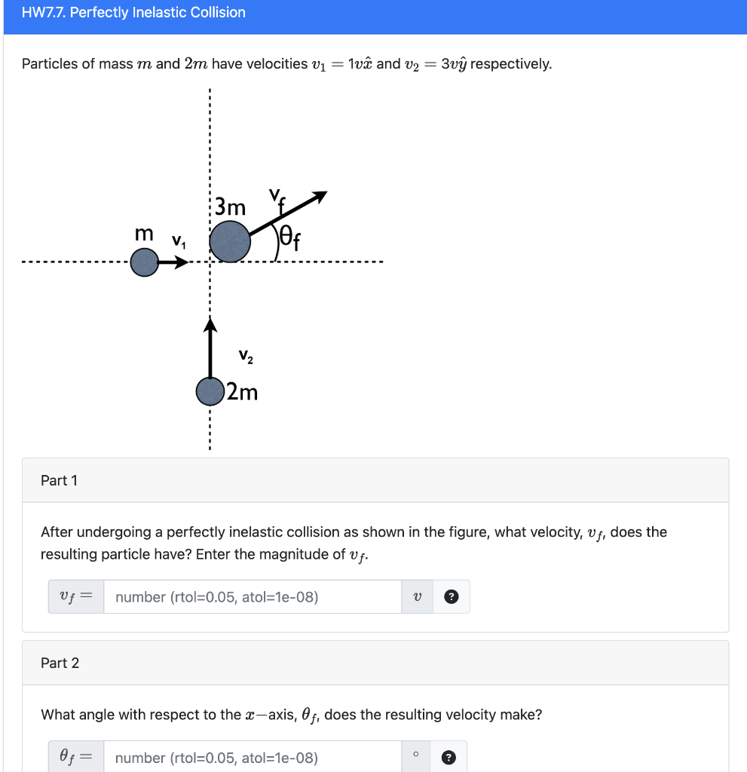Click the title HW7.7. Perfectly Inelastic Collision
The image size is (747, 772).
click(x=133, y=13)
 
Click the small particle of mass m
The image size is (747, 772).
click(x=144, y=263)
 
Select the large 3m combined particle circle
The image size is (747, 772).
click(x=229, y=241)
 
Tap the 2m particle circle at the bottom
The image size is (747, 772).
click(x=210, y=391)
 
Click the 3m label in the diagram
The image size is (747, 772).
click(x=230, y=206)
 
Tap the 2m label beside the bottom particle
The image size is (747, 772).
click(x=242, y=392)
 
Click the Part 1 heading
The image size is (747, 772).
click(x=60, y=480)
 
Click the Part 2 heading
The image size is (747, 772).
click(x=60, y=663)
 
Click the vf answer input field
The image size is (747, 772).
click(x=253, y=597)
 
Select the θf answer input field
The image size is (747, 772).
click(x=253, y=757)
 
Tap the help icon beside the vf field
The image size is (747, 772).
click(x=451, y=597)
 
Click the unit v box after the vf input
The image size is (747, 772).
click(x=418, y=597)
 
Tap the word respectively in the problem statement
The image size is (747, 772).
click(x=510, y=64)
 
